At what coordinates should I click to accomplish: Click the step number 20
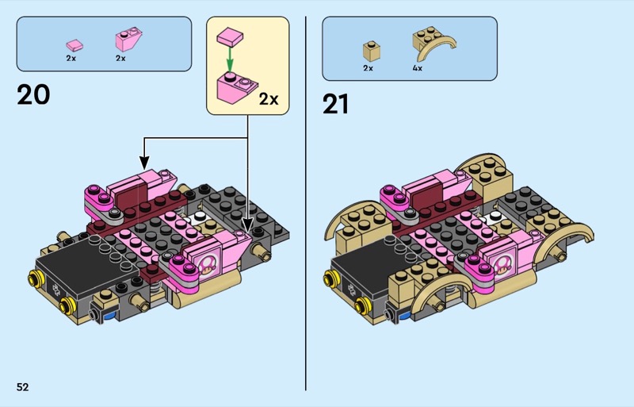pos(33,94)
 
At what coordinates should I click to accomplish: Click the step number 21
pos(335,105)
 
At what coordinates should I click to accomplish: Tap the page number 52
pos(23,387)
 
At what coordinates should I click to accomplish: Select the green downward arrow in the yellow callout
pos(230,60)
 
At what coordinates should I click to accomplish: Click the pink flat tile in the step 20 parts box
pos(74,45)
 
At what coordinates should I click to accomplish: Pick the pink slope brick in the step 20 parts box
pos(129,40)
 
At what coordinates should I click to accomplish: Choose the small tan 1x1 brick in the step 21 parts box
pos(372,51)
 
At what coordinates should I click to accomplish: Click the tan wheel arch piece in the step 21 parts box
pos(433,44)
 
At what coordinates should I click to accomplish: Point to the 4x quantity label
pos(418,68)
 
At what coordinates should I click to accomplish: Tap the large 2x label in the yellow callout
pos(269,99)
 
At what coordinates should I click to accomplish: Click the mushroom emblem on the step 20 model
pos(209,265)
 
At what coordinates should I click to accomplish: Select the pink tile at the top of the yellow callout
pos(230,36)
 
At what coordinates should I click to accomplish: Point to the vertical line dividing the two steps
pos(306,203)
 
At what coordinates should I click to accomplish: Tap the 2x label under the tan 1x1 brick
pos(368,68)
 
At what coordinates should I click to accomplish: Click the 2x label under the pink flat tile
pos(71,59)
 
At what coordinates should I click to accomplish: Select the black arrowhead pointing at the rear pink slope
pos(144,163)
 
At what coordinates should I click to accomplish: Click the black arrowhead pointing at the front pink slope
pos(247,225)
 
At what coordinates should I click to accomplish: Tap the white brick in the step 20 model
pos(199,218)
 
